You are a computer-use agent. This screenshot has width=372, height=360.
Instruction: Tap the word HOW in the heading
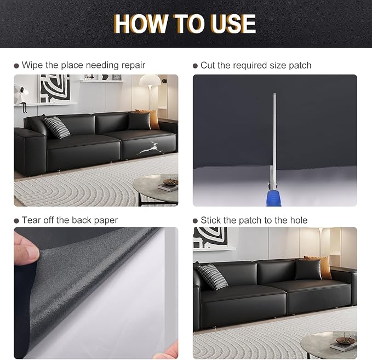(x=141, y=24)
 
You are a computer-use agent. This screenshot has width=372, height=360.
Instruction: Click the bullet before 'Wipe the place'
(x=16, y=66)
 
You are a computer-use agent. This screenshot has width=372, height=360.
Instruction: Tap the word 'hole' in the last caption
(x=299, y=220)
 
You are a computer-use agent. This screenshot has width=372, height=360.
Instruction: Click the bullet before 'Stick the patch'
(x=195, y=221)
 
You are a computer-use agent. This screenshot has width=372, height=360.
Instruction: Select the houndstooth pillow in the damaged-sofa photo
(x=56, y=127)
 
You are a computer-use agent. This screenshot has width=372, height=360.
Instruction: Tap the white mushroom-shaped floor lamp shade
(x=150, y=80)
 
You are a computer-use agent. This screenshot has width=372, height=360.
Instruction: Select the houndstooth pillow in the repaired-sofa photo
(x=212, y=277)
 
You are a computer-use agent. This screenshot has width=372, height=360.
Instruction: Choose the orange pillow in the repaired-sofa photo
(x=319, y=266)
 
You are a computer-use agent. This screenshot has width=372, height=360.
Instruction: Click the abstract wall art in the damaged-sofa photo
(x=55, y=88)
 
